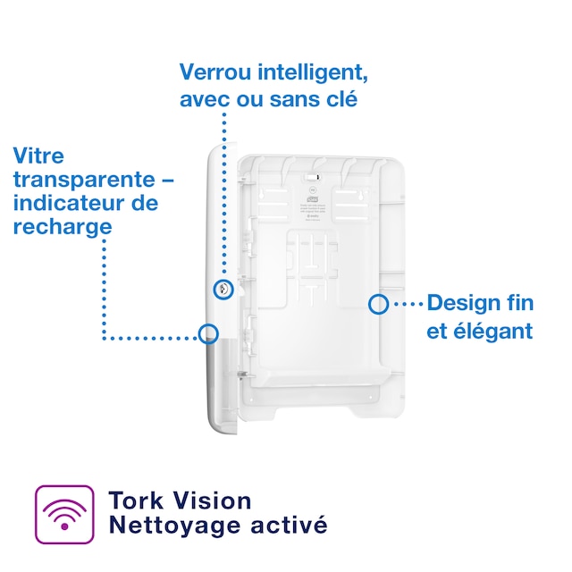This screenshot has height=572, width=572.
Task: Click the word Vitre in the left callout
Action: click(x=39, y=156)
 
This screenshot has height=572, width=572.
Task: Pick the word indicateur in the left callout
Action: click(x=72, y=203)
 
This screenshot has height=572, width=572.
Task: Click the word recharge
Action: click(x=63, y=227)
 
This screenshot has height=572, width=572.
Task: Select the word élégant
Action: click(x=490, y=331)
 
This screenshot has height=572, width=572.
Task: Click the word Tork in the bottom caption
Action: click(x=135, y=500)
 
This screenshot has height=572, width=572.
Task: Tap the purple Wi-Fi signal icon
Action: click(x=63, y=514)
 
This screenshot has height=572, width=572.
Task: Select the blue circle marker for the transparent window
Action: click(x=209, y=333)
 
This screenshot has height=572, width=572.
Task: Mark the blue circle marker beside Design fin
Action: click(x=378, y=304)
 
